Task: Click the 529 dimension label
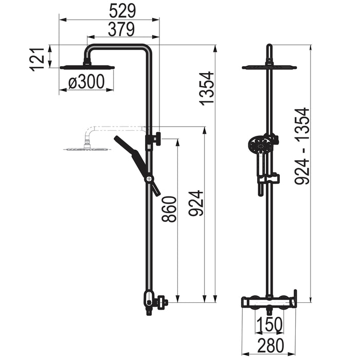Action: (122, 11)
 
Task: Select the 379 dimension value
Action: (121, 29)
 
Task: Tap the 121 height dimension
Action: (37, 59)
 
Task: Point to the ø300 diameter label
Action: (86, 82)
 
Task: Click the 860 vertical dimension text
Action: (169, 209)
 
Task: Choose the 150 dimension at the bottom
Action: (269, 325)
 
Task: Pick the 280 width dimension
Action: (271, 345)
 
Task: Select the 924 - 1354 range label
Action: (302, 146)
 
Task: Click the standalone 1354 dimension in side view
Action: (207, 88)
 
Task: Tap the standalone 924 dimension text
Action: (195, 203)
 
